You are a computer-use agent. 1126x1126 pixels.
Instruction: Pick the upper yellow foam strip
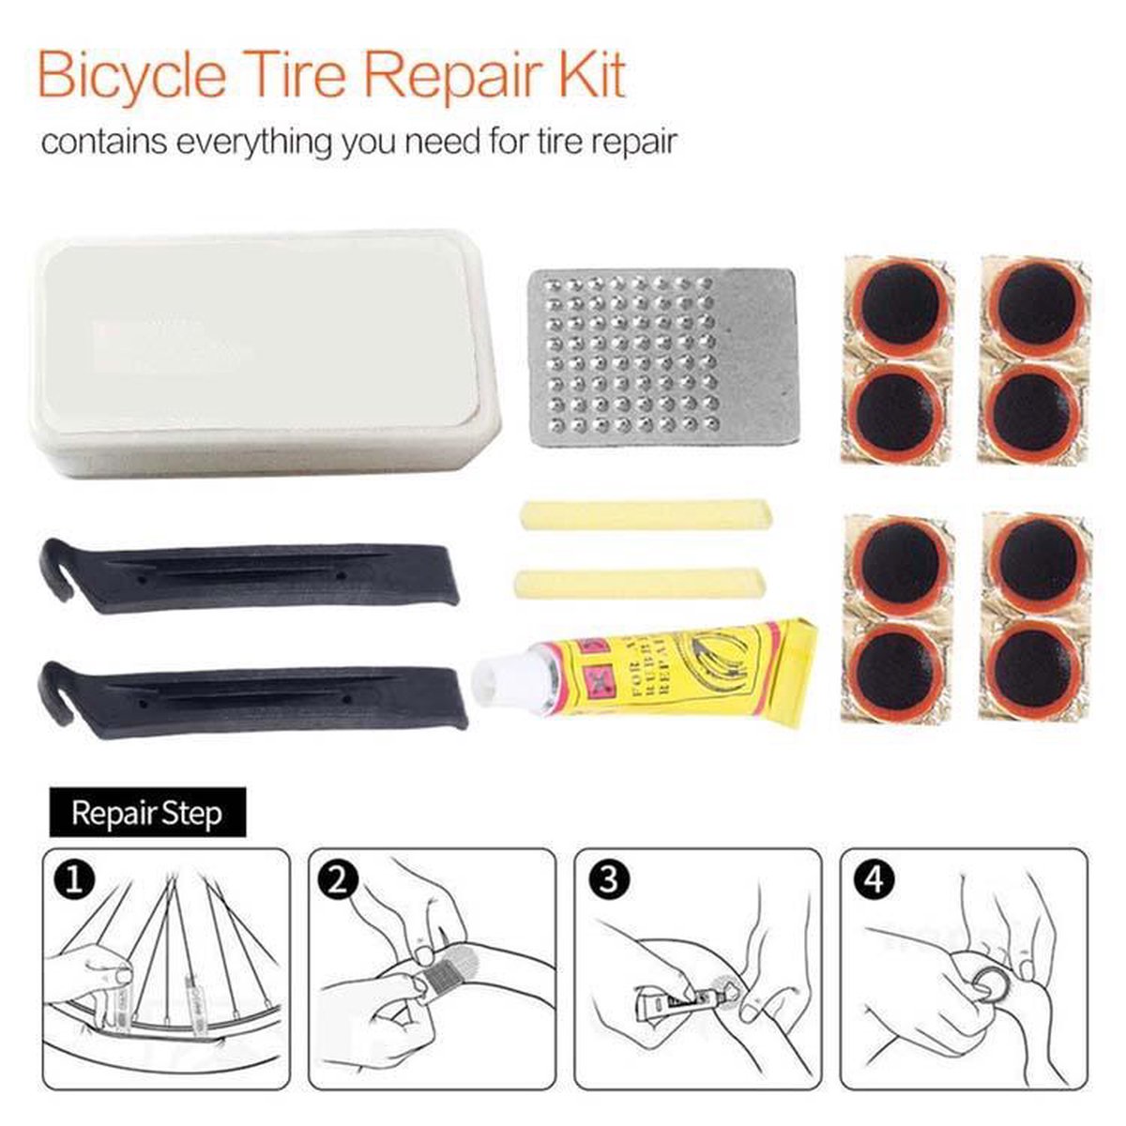(x=646, y=514)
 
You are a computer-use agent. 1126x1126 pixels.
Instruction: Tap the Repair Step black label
(x=146, y=813)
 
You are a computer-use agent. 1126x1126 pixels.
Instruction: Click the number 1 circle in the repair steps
(x=74, y=881)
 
